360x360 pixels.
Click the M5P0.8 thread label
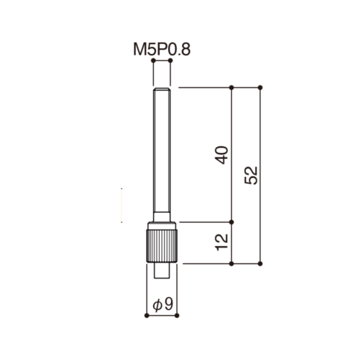[162, 49]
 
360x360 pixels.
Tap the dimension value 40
[222, 155]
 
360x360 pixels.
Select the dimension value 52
[251, 175]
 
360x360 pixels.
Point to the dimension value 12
[222, 242]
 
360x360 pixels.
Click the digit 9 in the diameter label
[169, 304]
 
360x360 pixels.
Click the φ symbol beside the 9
[157, 305]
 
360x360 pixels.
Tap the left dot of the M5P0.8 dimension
[153, 61]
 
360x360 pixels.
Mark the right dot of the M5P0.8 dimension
[170, 61]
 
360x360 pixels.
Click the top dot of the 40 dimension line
[232, 88]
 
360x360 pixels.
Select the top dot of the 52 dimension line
[260, 88]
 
